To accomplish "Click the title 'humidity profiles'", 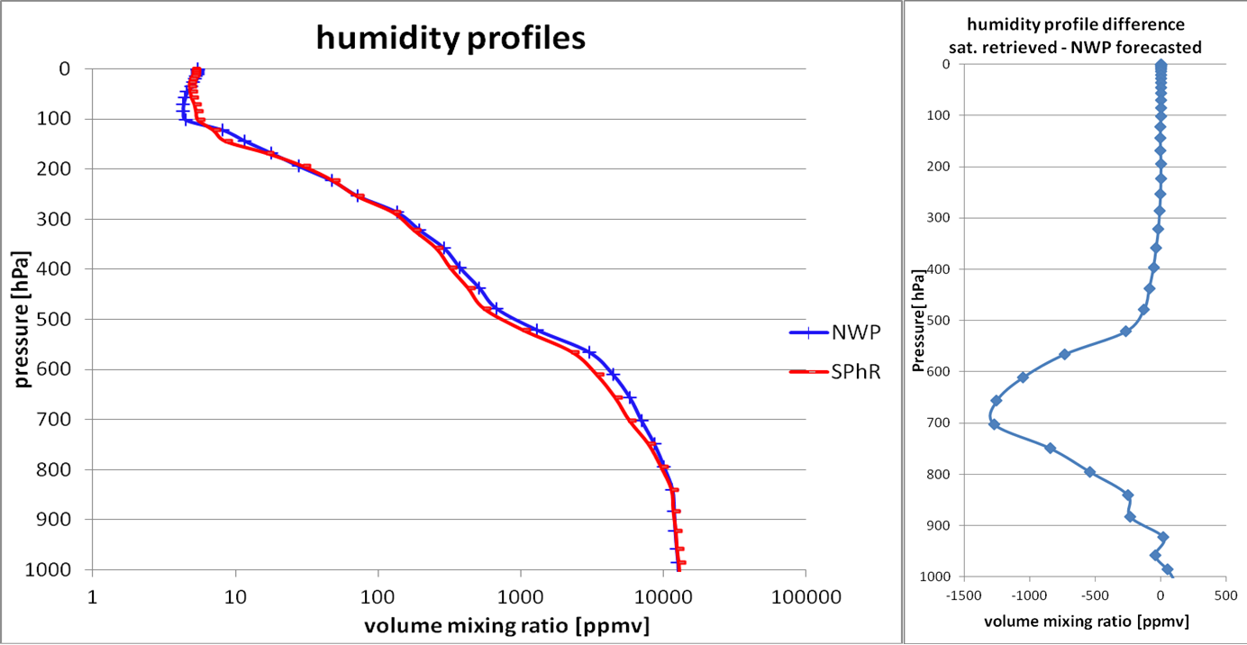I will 450,38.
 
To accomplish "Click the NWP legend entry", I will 851,331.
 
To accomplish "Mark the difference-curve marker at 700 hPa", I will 994,424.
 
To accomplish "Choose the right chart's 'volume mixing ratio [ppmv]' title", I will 1087,621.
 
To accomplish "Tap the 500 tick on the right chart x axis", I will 1224,595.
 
